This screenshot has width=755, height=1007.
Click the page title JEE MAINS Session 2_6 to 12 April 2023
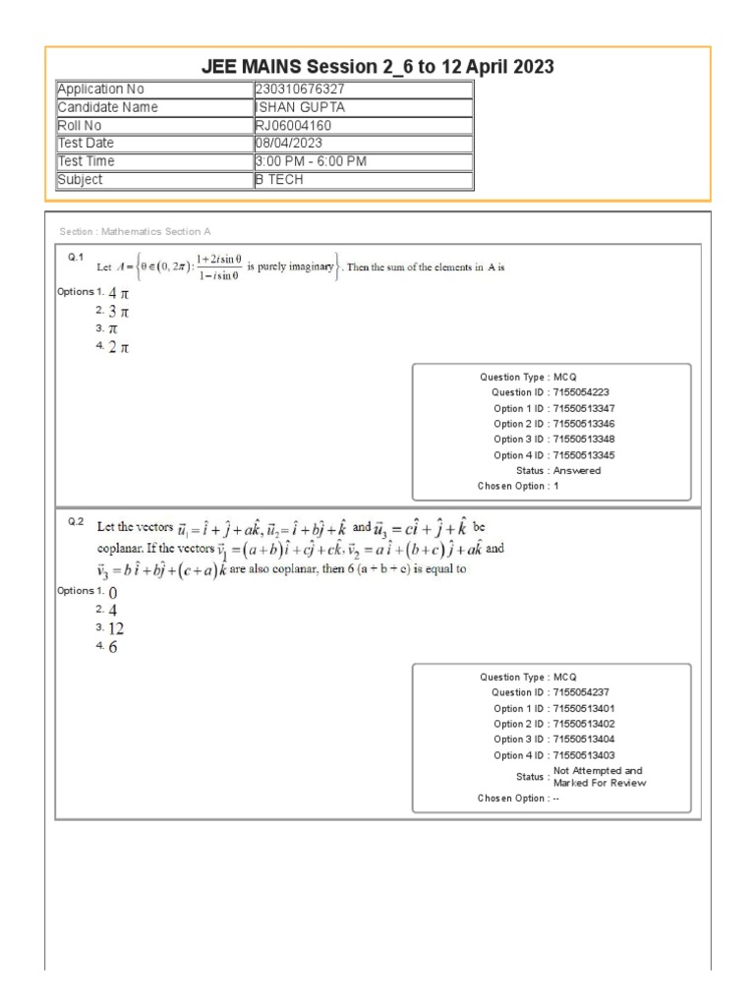pos(377,67)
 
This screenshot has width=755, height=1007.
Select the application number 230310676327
pos(300,89)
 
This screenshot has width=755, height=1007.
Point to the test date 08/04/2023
pos(289,144)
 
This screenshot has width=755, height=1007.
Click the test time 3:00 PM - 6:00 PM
pos(308,161)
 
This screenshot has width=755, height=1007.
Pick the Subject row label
pos(80,180)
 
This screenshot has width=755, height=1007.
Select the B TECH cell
pos(279,180)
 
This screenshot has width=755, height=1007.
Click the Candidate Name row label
pos(107,107)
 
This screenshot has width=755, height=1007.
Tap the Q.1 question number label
pos(75,257)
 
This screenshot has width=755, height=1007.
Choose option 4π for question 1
pos(118,293)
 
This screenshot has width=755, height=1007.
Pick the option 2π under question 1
pos(118,348)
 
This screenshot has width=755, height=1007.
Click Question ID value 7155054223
pos(586,392)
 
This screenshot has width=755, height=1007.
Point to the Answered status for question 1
pos(577,471)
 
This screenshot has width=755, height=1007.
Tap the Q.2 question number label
pos(75,522)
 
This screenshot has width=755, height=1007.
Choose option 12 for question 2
pos(116,628)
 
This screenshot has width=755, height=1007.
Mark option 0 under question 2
pos(113,592)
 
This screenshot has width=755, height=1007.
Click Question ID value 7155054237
pos(586,692)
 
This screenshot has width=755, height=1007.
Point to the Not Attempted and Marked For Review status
pos(600,777)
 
